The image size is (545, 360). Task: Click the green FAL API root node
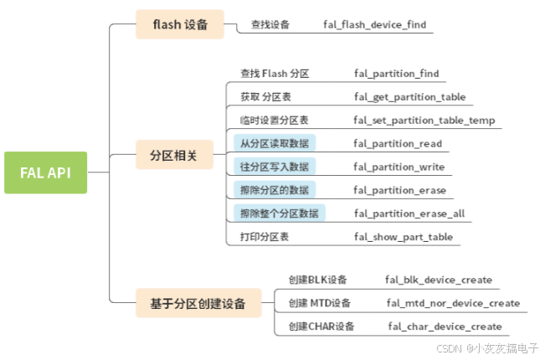45,172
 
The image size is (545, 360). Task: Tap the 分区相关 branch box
173,156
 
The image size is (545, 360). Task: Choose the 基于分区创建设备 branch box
198,303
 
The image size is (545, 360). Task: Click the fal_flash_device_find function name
374,25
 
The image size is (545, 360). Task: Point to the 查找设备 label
270,25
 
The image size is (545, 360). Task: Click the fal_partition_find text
396,74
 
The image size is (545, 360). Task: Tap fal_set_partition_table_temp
424,121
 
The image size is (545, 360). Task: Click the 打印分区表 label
264,237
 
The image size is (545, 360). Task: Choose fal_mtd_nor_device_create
453,303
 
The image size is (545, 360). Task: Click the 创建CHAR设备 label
321,327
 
